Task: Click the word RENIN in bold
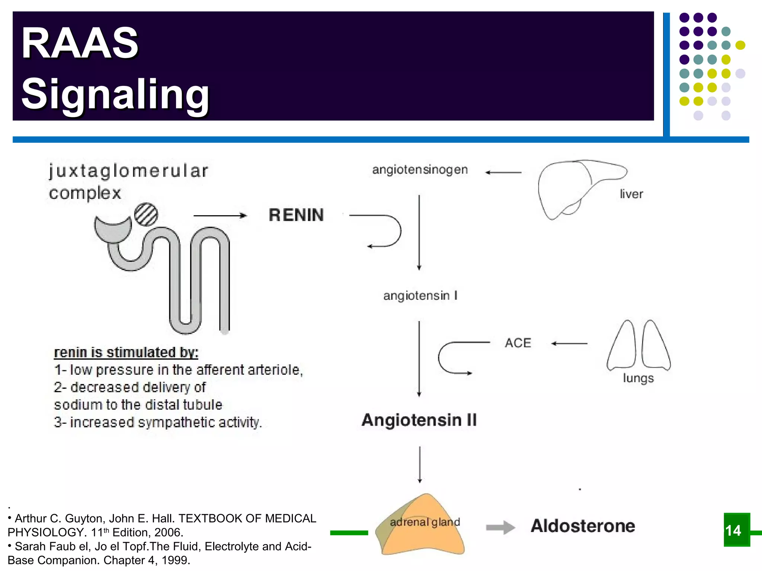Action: (296, 215)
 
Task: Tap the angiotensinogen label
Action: (420, 170)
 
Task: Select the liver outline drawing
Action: (573, 188)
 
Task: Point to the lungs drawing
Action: (638, 346)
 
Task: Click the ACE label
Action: (518, 343)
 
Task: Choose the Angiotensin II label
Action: (419, 420)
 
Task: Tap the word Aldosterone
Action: (583, 526)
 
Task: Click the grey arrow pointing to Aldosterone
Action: (500, 527)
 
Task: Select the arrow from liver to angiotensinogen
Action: (503, 172)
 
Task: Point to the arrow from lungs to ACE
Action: (569, 343)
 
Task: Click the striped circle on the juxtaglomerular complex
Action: (146, 214)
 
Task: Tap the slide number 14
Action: (733, 530)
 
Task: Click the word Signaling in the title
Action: (115, 94)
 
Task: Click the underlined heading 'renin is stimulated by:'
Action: (126, 352)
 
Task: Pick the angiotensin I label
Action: (420, 296)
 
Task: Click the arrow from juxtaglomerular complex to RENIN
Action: (220, 216)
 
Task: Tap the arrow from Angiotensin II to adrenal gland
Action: (420, 464)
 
